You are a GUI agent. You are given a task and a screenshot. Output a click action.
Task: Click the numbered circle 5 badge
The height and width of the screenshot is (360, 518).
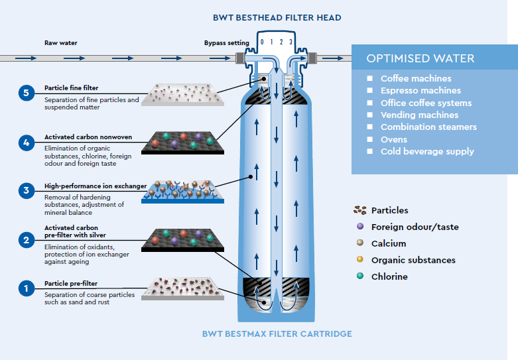26,93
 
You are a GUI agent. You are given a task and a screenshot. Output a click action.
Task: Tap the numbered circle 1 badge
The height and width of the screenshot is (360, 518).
26,288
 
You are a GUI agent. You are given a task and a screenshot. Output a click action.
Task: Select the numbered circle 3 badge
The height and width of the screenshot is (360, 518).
26,191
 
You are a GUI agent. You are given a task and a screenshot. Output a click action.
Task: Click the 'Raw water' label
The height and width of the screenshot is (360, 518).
61,43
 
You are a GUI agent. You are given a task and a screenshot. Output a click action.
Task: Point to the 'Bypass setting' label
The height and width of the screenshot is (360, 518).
226,43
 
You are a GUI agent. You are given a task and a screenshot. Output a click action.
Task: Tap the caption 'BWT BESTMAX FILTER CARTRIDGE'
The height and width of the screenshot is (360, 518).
277,333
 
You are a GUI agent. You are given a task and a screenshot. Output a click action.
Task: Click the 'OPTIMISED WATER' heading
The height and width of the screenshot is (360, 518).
420,58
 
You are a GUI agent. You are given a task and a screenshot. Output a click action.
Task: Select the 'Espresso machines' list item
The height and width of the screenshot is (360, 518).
421,90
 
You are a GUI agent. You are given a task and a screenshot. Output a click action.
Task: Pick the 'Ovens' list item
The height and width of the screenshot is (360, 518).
394,139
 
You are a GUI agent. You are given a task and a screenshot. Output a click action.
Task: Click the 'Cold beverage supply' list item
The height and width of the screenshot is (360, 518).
427,151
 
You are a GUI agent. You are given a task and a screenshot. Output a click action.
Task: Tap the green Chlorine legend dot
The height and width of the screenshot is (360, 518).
359,276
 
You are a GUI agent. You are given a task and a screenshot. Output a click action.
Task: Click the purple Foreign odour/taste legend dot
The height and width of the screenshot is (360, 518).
359,227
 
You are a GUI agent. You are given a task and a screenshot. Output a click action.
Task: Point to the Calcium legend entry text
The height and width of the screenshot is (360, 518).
389,243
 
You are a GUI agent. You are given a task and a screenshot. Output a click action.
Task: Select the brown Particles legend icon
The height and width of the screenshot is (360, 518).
360,210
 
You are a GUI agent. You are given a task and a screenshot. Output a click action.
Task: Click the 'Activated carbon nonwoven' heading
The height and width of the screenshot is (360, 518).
88,137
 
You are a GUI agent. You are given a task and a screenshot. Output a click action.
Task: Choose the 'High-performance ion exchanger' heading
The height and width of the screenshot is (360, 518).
96,186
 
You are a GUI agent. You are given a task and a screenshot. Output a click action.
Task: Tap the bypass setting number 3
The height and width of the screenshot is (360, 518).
291,42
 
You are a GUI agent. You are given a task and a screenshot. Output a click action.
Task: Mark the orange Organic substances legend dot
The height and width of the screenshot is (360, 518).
359,260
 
